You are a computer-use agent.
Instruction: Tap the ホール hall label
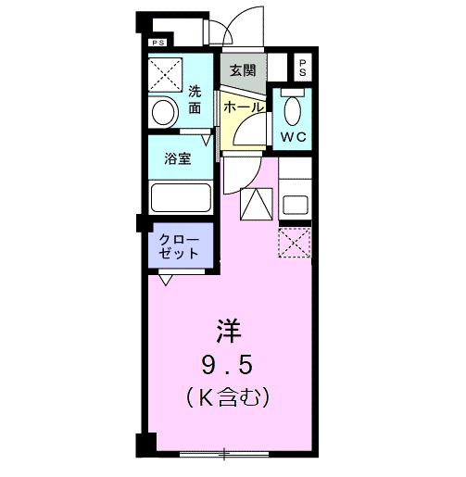point(242,107)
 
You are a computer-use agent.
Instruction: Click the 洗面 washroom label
point(195,99)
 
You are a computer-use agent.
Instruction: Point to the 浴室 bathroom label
point(179,157)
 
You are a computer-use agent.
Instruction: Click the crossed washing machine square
point(168,74)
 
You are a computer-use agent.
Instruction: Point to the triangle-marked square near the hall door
point(256,204)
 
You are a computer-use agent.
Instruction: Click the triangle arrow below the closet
point(166,278)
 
